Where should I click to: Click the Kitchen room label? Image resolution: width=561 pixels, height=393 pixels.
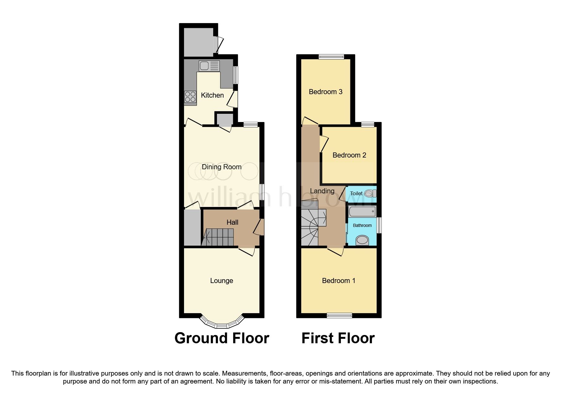[212, 95]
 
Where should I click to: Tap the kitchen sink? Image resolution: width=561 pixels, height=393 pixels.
[209, 66]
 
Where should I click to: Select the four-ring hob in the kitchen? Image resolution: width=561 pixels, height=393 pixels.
[190, 97]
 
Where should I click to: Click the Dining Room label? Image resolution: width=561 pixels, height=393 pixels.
[221, 167]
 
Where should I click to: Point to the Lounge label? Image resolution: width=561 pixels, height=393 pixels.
[221, 281]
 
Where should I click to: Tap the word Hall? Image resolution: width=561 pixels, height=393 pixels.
[232, 222]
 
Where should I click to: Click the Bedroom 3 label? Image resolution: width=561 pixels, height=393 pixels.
[325, 92]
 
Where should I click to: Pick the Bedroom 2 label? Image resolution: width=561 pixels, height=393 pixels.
[349, 155]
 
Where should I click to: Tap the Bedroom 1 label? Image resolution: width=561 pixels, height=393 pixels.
[338, 281]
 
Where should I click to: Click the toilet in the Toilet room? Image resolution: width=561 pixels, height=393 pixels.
[370, 193]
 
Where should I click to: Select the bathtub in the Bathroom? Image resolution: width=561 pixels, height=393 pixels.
[362, 211]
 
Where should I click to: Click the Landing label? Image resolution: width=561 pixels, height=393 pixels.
[322, 191]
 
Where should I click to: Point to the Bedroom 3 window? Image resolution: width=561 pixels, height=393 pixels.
[331, 57]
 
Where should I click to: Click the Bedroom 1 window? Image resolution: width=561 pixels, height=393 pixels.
[339, 315]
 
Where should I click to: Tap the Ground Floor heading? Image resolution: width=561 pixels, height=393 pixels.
[221, 338]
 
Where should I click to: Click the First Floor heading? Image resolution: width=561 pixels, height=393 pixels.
[338, 338]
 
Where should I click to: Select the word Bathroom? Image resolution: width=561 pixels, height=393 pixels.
[362, 225]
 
